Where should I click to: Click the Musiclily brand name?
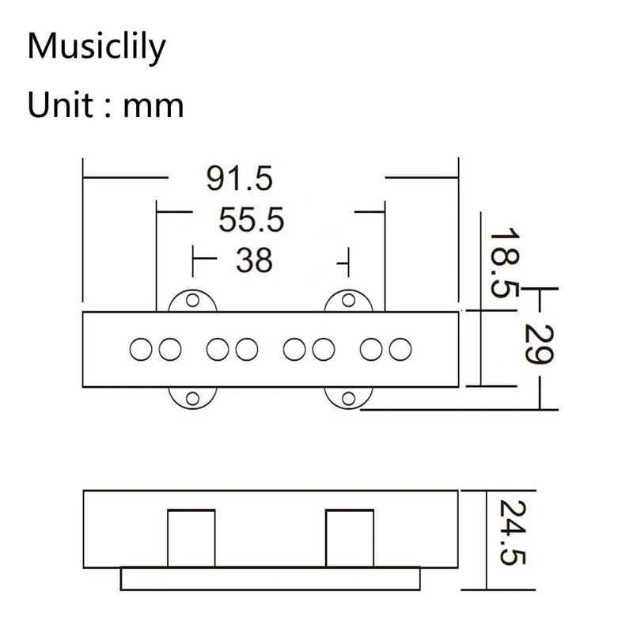click(97, 47)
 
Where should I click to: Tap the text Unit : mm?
click(105, 104)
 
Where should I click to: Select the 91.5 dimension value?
click(239, 179)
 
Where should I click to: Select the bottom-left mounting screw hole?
click(191, 398)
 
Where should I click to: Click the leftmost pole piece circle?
click(141, 347)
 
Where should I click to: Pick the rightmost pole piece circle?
click(401, 347)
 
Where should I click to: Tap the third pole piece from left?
click(218, 347)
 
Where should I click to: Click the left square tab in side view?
click(191, 539)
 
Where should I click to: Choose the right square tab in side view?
click(349, 539)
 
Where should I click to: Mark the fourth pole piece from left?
click(246, 347)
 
